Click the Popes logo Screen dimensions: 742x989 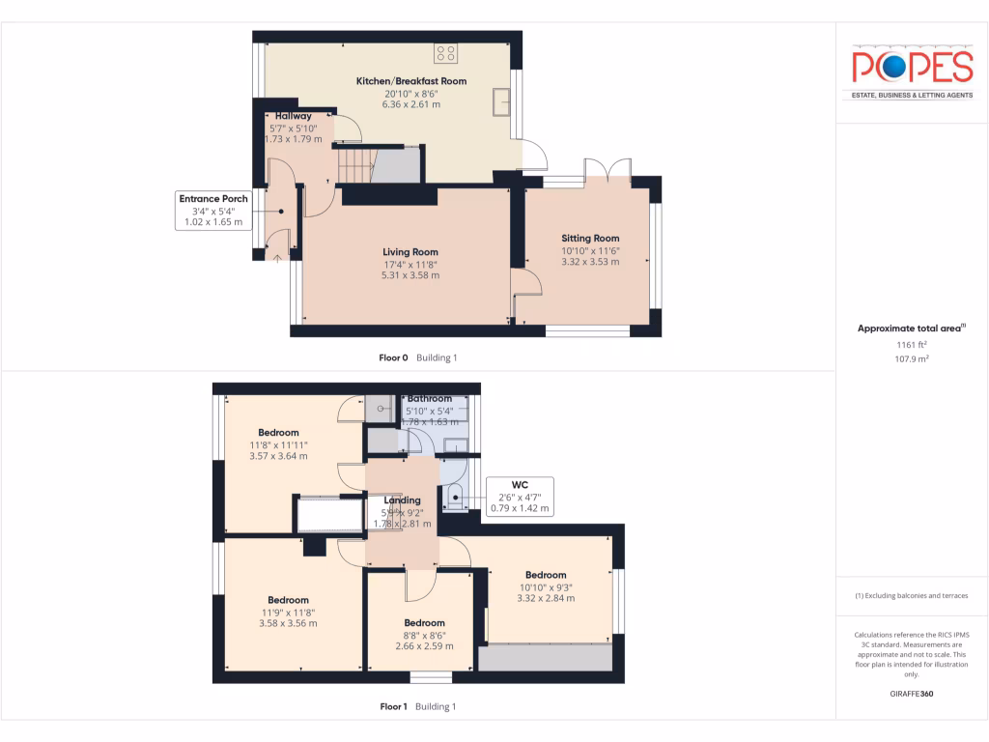(x=912, y=68)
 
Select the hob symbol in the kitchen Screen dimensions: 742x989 (x=445, y=52)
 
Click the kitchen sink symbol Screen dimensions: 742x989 (x=501, y=101)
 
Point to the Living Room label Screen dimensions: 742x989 (x=410, y=252)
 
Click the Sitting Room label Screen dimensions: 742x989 (x=590, y=238)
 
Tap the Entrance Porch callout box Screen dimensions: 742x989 (x=212, y=211)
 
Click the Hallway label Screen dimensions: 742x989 (x=293, y=116)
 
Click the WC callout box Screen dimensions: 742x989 (x=519, y=496)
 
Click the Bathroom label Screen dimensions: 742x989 (x=430, y=398)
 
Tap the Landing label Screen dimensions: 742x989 (x=403, y=500)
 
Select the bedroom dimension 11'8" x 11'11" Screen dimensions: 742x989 (x=278, y=444)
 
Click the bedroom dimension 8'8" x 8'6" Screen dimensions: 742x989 (x=424, y=635)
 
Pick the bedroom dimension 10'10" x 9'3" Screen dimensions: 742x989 (x=546, y=586)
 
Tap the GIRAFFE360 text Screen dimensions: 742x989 (x=912, y=694)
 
